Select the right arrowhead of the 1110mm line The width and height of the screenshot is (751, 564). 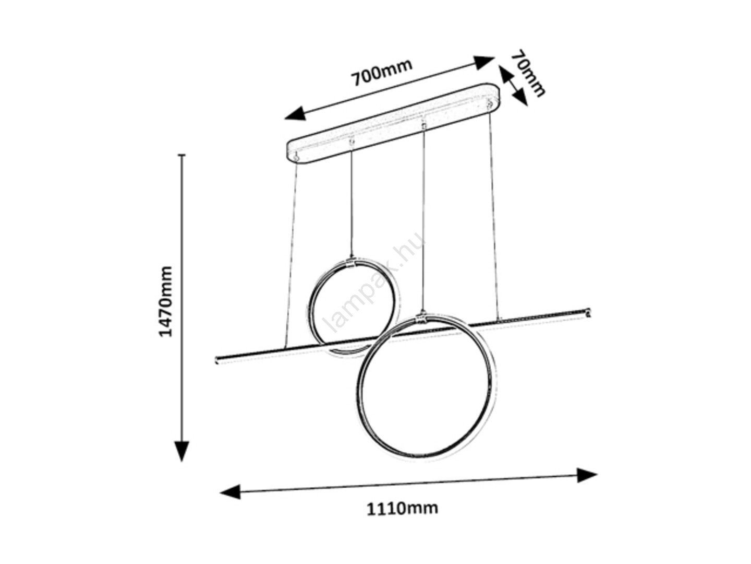point(587,475)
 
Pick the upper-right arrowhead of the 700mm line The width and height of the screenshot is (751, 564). point(484,62)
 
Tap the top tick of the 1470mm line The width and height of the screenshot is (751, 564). point(183,155)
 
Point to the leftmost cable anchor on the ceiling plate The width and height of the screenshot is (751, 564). point(296,158)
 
